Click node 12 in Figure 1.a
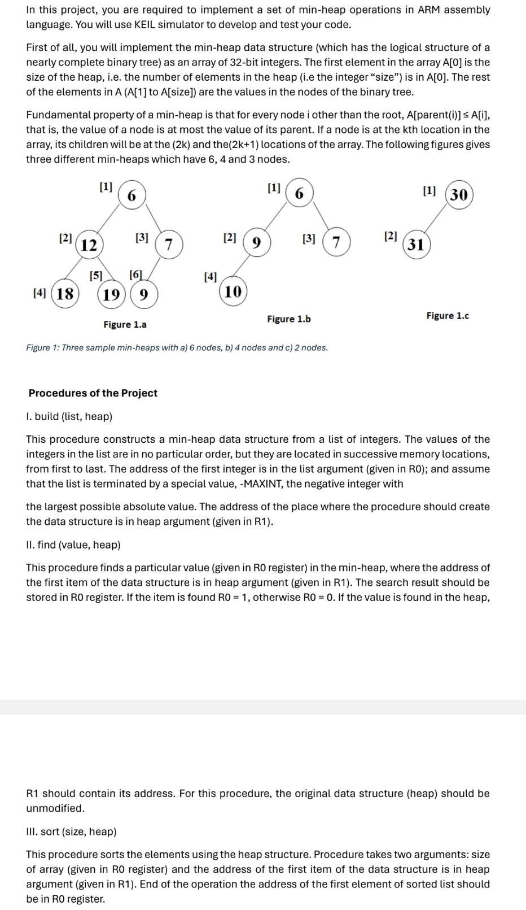tap(89, 245)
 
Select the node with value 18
tap(65, 294)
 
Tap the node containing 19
tap(112, 294)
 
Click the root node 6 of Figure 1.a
tap(131, 195)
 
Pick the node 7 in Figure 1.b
tap(336, 243)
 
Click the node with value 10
tap(233, 291)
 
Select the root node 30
tap(459, 195)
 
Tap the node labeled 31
tap(416, 244)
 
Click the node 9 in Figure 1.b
tap(256, 243)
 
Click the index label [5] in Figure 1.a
tap(96, 276)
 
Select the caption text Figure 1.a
tap(125, 325)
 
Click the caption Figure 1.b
tap(289, 319)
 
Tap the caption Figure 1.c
tap(448, 316)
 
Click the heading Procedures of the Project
tap(93, 393)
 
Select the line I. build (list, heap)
tap(69, 417)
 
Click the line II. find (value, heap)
tap(73, 545)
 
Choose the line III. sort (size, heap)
tap(72, 831)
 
